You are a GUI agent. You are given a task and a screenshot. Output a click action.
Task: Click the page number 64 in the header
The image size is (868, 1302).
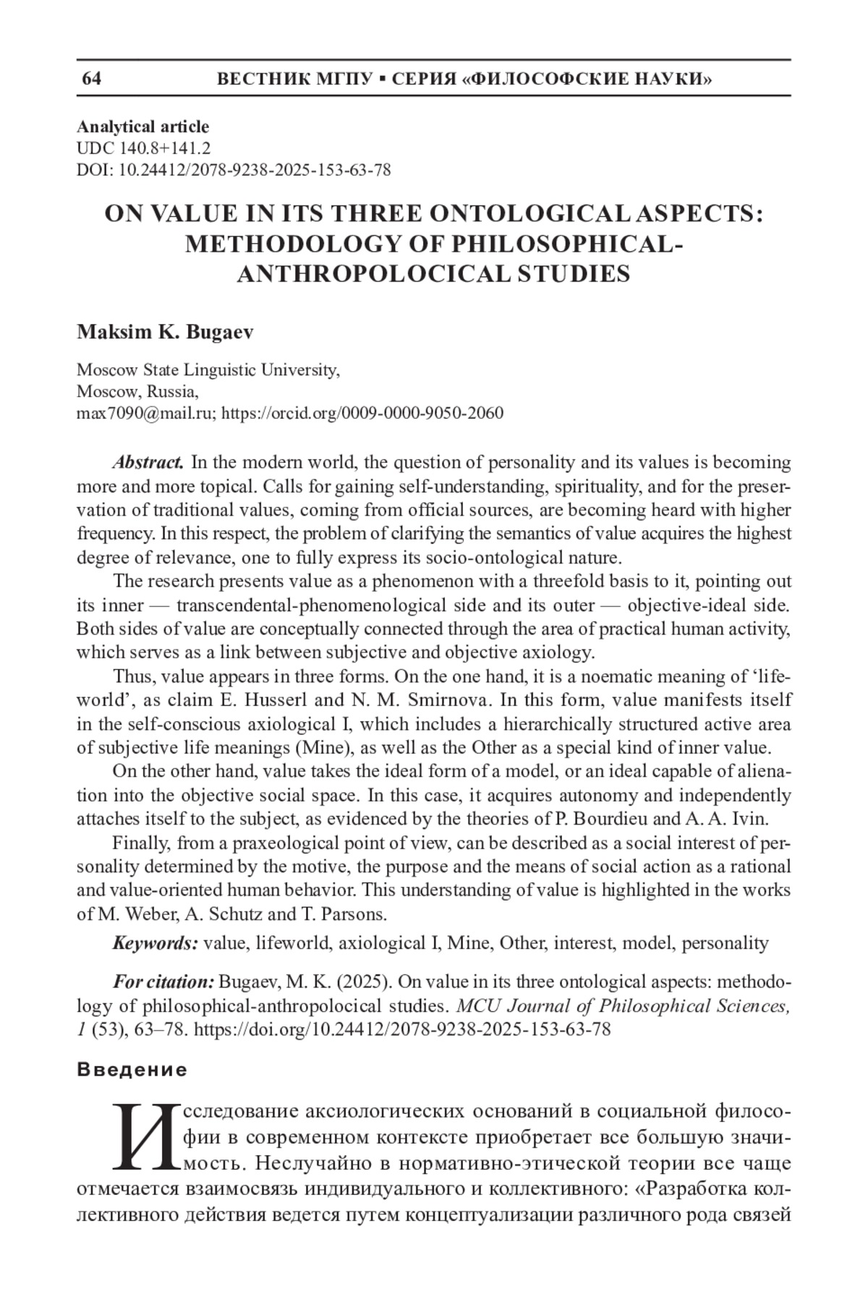pyautogui.click(x=92, y=79)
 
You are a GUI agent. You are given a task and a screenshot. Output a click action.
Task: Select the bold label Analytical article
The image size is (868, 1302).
pyautogui.click(x=143, y=127)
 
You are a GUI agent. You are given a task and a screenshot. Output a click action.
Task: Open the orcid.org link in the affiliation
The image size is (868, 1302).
pyautogui.click(x=362, y=413)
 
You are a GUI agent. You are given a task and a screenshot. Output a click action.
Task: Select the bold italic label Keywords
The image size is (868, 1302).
pyautogui.click(x=154, y=943)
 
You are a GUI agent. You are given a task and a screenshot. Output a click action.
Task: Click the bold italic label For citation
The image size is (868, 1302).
pyautogui.click(x=163, y=982)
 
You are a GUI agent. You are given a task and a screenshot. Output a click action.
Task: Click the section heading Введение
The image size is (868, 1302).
pyautogui.click(x=132, y=1070)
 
